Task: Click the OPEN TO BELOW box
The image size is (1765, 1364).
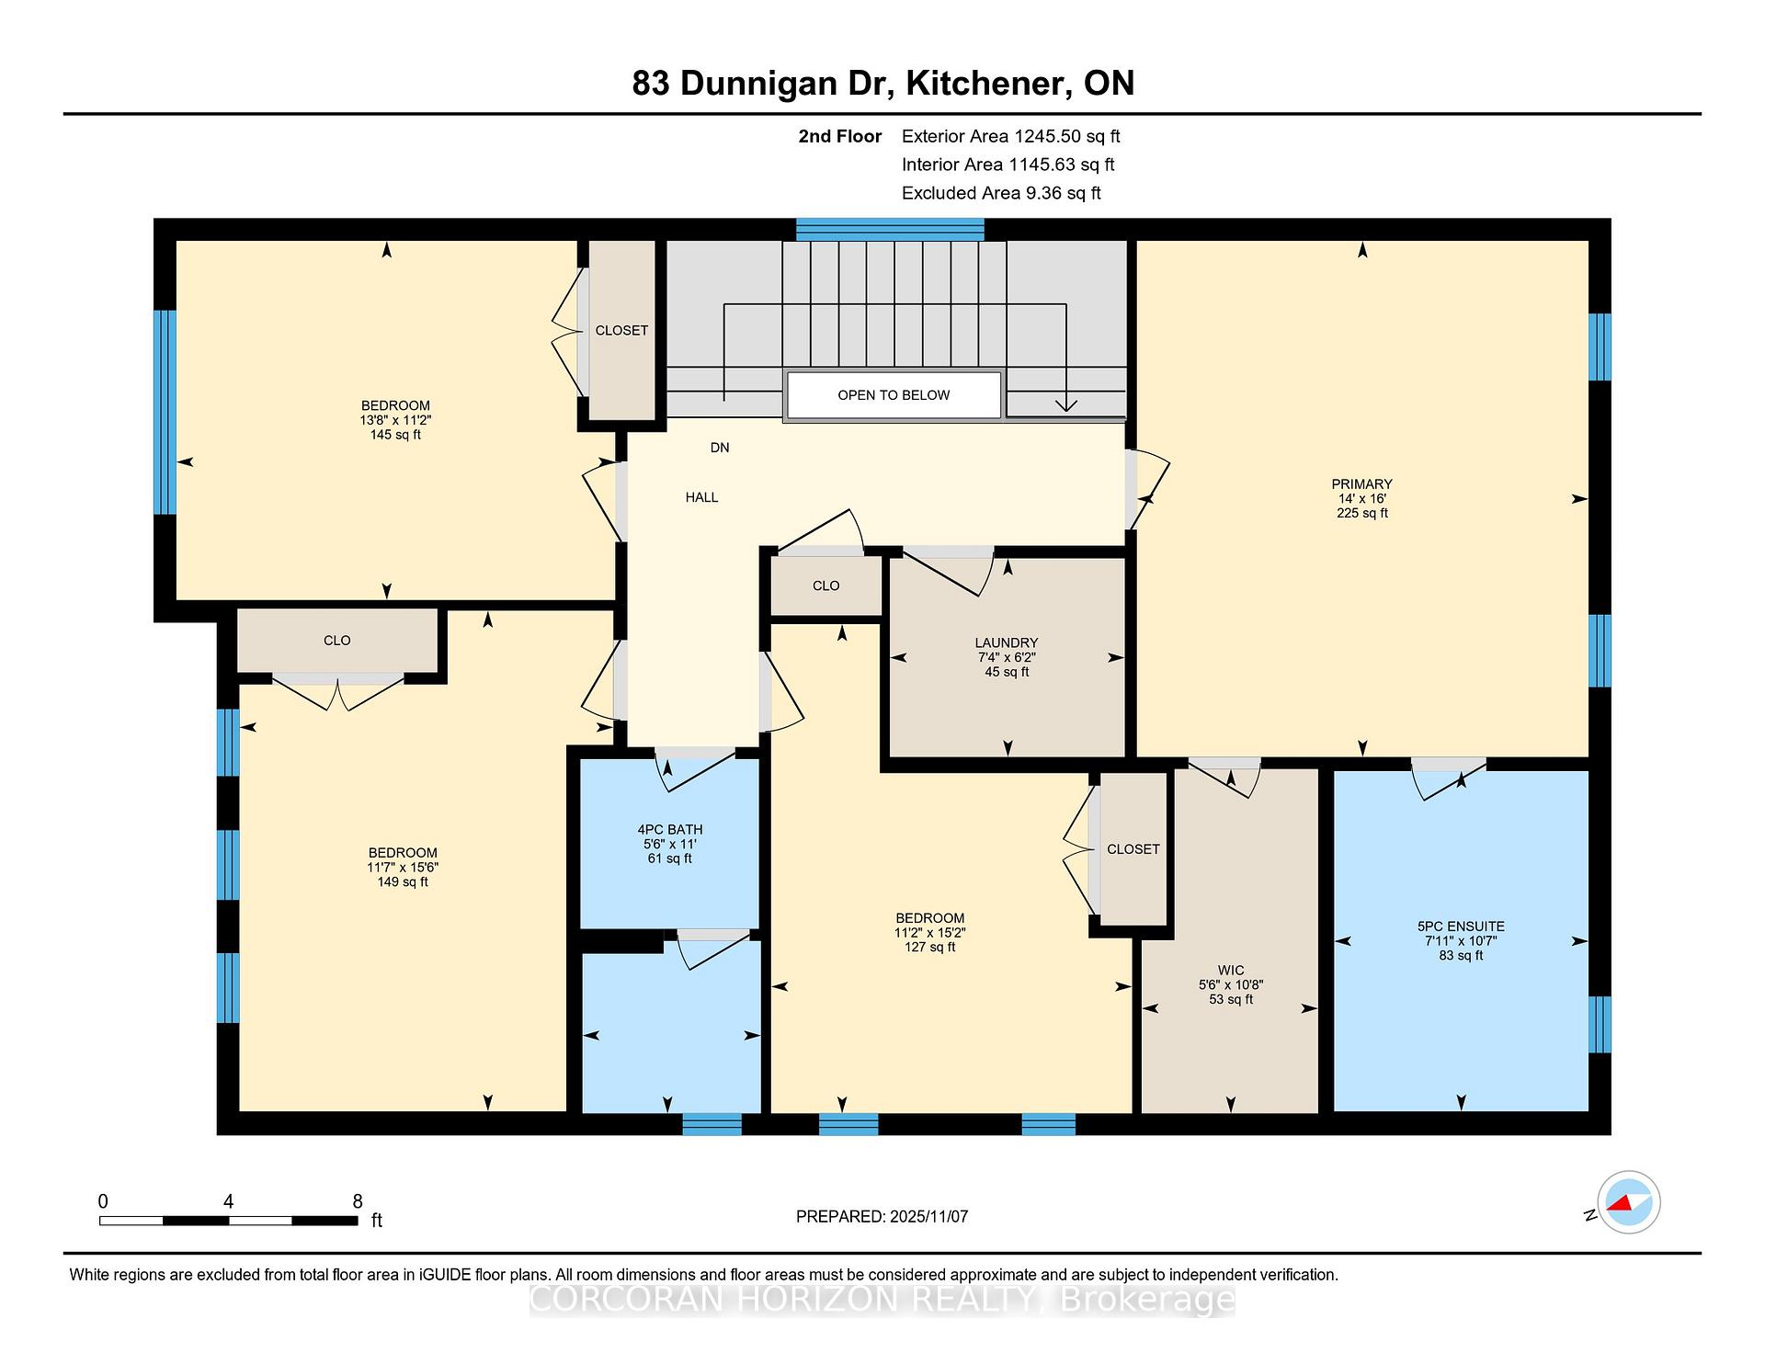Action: (x=894, y=395)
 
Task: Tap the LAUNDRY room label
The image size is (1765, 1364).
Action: (x=1007, y=643)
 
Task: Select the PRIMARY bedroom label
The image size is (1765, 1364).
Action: (x=1361, y=484)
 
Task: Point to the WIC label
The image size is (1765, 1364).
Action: (x=1231, y=971)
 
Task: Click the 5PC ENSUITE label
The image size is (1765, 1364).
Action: (x=1461, y=926)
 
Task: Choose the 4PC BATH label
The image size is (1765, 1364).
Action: (x=669, y=830)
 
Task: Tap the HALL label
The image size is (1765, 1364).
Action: (x=701, y=497)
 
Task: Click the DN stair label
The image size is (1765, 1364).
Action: (x=720, y=448)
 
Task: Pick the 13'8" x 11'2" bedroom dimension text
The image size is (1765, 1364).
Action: (x=395, y=420)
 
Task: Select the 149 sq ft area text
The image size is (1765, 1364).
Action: (x=402, y=882)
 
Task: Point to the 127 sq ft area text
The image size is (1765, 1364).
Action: (x=929, y=948)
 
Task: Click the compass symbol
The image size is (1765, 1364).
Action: (x=1628, y=1202)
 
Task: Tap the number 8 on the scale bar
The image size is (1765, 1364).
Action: (x=358, y=1201)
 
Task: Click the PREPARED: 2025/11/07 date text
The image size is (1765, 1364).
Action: (x=882, y=1217)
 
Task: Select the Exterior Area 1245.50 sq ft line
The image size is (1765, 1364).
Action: (x=1010, y=137)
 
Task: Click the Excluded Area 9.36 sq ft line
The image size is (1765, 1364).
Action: (x=1001, y=193)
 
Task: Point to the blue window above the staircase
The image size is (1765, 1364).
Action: (x=890, y=229)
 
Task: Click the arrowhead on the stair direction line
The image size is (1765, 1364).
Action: (x=1065, y=405)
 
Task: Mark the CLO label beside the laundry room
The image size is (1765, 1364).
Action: (x=826, y=585)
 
